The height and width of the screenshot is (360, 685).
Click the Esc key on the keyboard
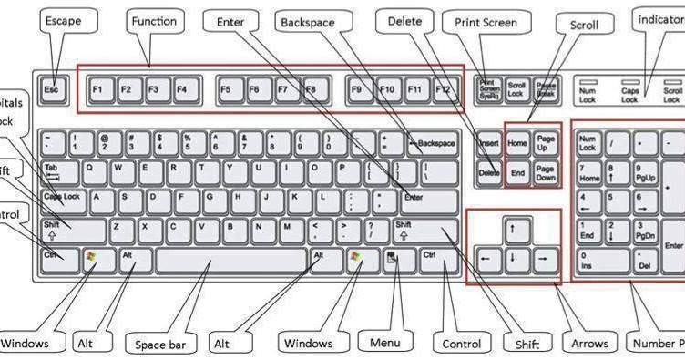point(52,89)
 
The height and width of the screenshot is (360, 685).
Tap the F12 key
point(444,89)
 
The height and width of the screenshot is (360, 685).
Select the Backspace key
point(433,143)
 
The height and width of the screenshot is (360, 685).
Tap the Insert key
point(489,143)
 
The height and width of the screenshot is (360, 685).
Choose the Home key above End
point(517,143)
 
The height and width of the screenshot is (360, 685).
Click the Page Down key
point(545,172)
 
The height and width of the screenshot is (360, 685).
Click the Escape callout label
point(63,21)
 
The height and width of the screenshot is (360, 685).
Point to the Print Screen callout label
point(486,23)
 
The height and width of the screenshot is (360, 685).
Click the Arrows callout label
point(589,344)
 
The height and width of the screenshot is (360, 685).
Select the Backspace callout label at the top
point(321,21)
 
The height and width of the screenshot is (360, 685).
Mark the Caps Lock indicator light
point(630,82)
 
